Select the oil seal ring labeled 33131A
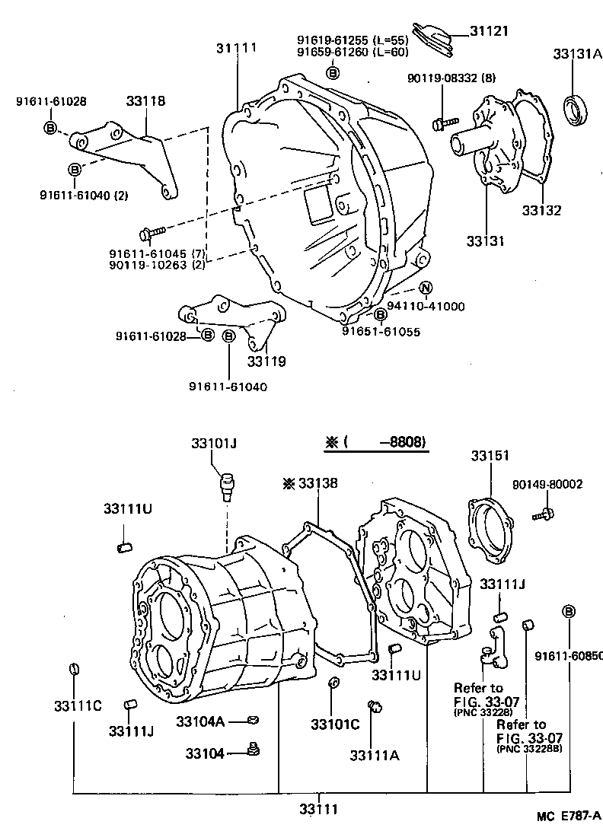coord(577,109)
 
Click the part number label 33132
coord(541,210)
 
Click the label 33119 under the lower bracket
coord(266,361)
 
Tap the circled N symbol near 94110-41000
coord(426,288)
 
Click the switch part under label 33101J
coord(226,485)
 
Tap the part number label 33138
coord(317,483)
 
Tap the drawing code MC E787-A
coord(568,818)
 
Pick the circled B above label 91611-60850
coord(568,610)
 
